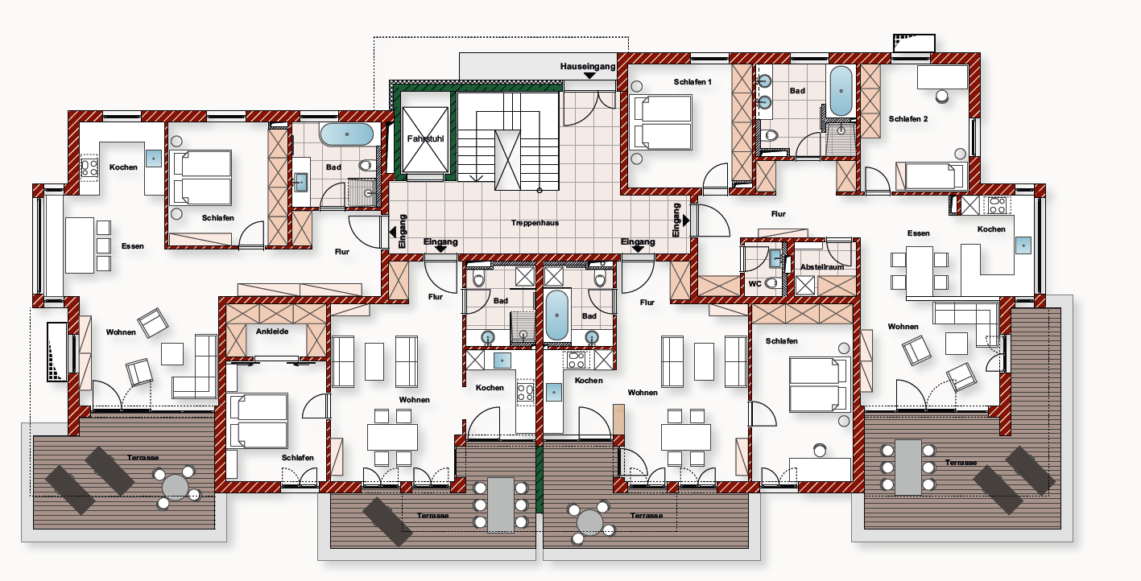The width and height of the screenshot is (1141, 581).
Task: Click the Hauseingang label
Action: [588, 66]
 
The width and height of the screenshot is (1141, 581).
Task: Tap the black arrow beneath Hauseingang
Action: [589, 76]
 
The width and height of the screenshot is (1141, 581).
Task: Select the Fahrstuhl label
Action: [425, 138]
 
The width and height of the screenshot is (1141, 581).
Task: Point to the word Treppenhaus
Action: [535, 223]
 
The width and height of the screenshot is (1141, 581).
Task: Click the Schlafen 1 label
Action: [692, 81]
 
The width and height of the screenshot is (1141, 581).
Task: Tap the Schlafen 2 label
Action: [908, 118]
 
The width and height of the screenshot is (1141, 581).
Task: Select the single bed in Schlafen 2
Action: [931, 175]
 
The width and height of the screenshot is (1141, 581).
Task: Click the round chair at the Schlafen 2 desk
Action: [942, 96]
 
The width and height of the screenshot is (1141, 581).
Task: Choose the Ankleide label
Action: [272, 331]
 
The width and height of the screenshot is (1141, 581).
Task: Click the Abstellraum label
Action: [822, 267]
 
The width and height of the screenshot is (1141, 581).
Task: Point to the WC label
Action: [754, 283]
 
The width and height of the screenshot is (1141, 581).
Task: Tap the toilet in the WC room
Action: [772, 283]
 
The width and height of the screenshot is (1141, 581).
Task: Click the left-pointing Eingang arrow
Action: [393, 233]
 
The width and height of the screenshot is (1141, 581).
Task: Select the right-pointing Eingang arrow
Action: [686, 220]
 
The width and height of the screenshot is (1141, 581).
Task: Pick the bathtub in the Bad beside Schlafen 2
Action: [841, 91]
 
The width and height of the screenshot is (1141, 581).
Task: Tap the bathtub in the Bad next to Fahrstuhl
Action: [347, 134]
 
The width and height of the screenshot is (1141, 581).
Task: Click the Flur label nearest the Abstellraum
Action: [778, 214]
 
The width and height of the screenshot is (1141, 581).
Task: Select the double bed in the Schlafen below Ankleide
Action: [258, 421]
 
